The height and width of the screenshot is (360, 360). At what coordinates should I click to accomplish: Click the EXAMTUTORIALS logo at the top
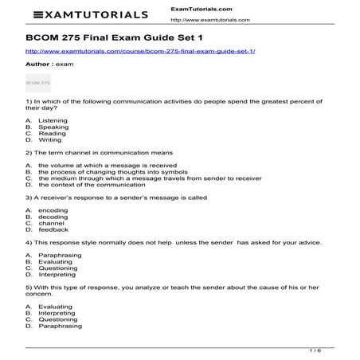pyautogui.click(x=80, y=14)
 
